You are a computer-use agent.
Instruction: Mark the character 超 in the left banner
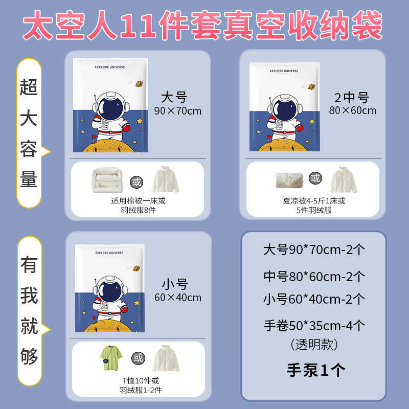pyautogui.click(x=29, y=87)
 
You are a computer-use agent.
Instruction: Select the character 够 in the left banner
pyautogui.click(x=29, y=356)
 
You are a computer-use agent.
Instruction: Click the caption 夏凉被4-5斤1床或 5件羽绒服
pyautogui.click(x=314, y=206)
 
